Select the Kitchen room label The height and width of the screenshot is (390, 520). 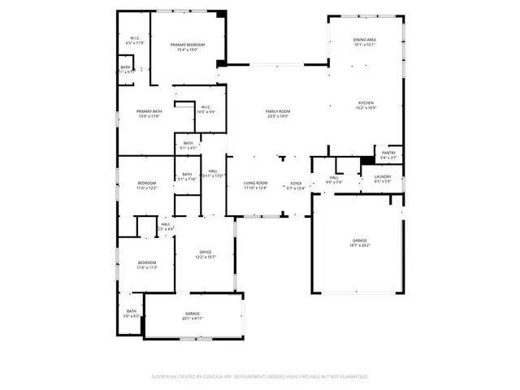click(x=366, y=103)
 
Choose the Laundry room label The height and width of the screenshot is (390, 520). click(x=383, y=178)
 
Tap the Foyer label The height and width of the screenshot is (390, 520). click(x=297, y=185)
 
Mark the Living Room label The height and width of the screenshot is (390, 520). click(x=256, y=185)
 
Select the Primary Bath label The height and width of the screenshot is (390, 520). click(x=149, y=113)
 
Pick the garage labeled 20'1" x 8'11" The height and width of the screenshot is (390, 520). click(x=193, y=315)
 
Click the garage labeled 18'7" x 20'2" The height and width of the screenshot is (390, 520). click(x=359, y=242)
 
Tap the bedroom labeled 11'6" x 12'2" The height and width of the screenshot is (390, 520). click(x=146, y=185)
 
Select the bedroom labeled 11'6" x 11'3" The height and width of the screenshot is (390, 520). click(x=146, y=264)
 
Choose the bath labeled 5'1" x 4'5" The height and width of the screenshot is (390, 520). click(x=188, y=145)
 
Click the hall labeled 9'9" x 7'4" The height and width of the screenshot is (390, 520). click(x=334, y=180)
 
